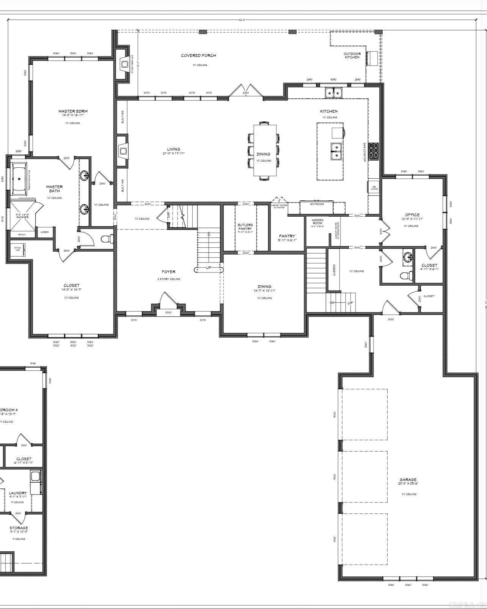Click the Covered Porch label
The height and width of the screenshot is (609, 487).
tap(198, 55)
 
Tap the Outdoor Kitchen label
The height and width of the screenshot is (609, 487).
tap(352, 55)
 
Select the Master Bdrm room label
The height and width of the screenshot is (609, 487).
tap(73, 111)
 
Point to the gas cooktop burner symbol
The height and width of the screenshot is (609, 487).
tap(373, 152)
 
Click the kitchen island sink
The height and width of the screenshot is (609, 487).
tap(336, 151)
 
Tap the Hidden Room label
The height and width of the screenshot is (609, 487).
tap(317, 222)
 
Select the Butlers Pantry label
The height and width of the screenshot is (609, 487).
tap(245, 227)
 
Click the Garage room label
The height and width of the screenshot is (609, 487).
tap(408, 480)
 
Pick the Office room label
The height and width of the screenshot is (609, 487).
tap(412, 215)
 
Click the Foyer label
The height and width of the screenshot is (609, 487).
tap(168, 272)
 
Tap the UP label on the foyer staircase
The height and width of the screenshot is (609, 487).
tap(209, 268)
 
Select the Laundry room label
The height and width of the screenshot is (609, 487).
tap(18, 493)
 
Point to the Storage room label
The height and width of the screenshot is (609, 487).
tap(19, 528)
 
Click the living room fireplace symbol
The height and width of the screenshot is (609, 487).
tap(122, 151)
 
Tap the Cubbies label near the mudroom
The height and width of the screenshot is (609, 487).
tap(334, 270)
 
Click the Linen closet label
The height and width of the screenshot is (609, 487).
tap(44, 232)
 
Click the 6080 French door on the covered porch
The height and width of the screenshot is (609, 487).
tap(246, 92)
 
